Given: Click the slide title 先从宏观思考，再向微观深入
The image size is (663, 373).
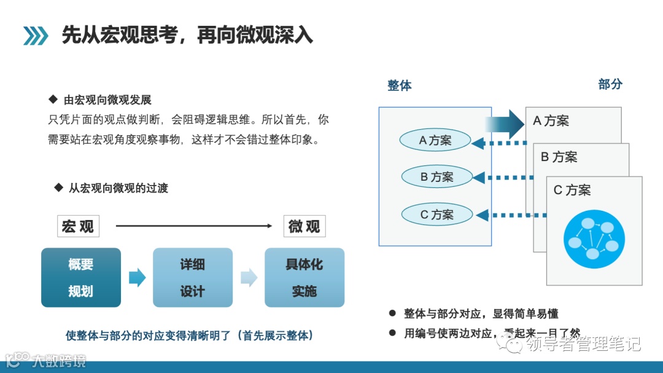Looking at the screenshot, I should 187,35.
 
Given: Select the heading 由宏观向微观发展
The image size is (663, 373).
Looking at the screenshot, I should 107,100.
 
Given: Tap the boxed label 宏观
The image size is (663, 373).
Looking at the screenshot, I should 78,226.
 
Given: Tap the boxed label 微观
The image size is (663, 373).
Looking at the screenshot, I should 304,226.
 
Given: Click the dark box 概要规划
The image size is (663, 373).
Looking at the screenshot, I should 81,278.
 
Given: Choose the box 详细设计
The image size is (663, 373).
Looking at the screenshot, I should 192,278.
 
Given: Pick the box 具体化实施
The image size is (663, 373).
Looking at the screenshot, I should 304,278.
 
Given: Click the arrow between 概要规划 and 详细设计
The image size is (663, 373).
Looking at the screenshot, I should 137,278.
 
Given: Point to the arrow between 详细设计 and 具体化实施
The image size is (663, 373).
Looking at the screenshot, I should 249,278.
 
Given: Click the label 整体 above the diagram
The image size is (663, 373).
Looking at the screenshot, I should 399,85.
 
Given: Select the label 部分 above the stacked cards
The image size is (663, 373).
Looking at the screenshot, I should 610,84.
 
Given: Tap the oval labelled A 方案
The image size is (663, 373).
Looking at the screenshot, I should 435,141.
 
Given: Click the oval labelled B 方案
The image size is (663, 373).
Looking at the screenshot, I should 436,177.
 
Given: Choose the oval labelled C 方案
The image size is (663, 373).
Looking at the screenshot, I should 436,214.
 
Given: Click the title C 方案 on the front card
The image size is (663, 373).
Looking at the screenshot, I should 572,190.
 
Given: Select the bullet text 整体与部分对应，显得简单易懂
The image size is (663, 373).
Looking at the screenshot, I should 481,313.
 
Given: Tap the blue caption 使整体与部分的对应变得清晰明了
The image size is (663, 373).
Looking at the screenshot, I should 190,336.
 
